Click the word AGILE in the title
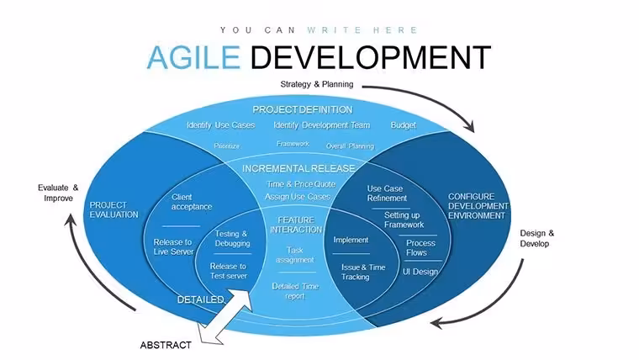point(193,56)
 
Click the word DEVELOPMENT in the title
point(371,57)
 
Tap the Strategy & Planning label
point(317,84)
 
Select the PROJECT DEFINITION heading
point(303,109)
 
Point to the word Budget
point(404,125)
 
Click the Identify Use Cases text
point(221,125)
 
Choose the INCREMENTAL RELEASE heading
point(298,168)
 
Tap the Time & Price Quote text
point(301,184)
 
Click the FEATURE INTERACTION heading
point(296,225)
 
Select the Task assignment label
point(295,255)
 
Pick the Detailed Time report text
point(295,291)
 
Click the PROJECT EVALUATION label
point(114,209)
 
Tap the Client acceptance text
point(192,202)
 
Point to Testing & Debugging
point(232,239)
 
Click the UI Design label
point(420,272)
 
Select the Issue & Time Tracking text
point(363,272)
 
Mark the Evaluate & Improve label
point(58,193)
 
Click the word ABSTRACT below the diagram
point(166,346)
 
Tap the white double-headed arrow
point(225,317)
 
